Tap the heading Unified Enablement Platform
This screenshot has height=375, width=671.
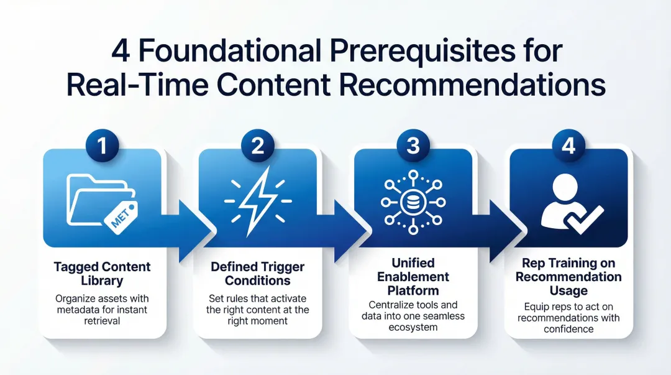coord(413,277)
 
